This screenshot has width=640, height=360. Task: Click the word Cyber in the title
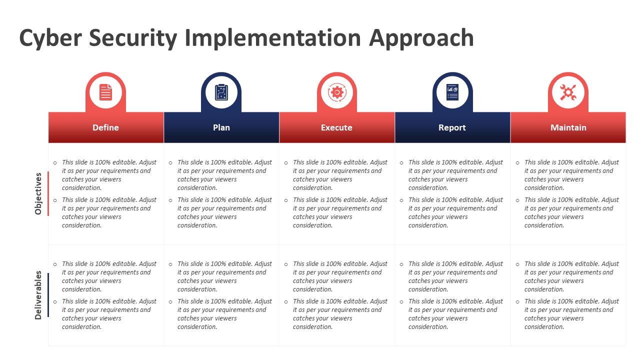pyautogui.click(x=50, y=38)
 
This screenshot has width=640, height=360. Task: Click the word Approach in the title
pyautogui.click(x=421, y=38)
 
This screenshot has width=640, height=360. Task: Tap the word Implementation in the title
pyautogui.click(x=273, y=38)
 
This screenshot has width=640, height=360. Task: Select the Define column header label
pyautogui.click(x=105, y=127)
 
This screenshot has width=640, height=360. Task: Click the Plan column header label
pyautogui.click(x=221, y=127)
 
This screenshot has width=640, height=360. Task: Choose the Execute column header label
pyautogui.click(x=336, y=127)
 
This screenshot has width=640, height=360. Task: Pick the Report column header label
pyautogui.click(x=452, y=127)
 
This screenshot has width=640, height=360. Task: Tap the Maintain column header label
pyautogui.click(x=568, y=127)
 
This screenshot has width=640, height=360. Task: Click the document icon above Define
pyautogui.click(x=105, y=92)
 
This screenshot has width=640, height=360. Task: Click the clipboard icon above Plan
pyautogui.click(x=221, y=92)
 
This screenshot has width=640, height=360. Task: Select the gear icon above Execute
pyautogui.click(x=337, y=92)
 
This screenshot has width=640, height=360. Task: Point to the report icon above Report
pyautogui.click(x=452, y=92)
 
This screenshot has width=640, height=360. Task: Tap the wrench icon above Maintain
pyautogui.click(x=568, y=92)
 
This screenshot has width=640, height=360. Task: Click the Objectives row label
pyautogui.click(x=38, y=193)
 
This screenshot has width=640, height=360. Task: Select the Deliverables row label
pyautogui.click(x=38, y=295)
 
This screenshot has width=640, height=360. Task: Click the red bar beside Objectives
pyautogui.click(x=48, y=193)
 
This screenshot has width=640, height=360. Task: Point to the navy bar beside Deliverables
pyautogui.click(x=48, y=295)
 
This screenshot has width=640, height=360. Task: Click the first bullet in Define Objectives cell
pyautogui.click(x=55, y=163)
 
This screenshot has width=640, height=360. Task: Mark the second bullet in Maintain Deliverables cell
pyautogui.click(x=517, y=302)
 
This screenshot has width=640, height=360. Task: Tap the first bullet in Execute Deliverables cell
pyautogui.click(x=286, y=264)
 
